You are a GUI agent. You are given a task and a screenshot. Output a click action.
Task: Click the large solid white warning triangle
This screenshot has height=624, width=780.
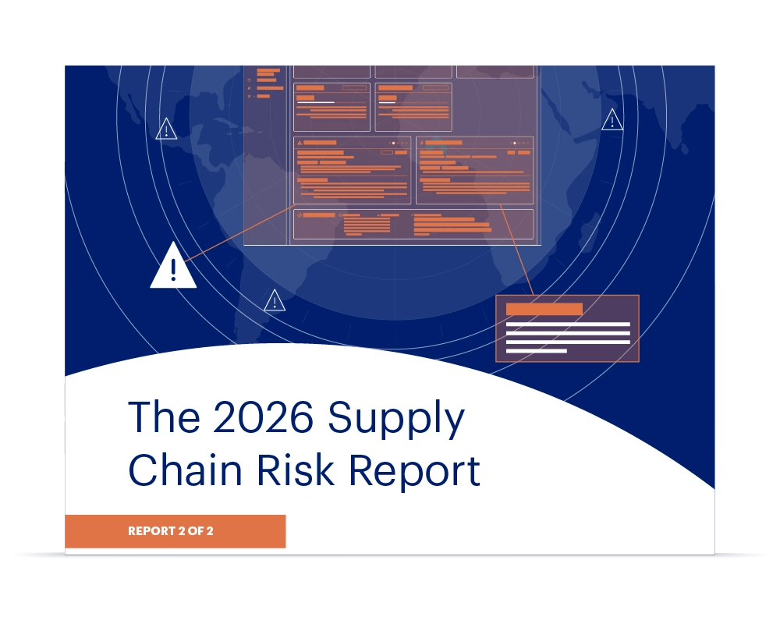point(173,269)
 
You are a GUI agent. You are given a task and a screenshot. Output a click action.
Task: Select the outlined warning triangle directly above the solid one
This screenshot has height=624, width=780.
point(166,129)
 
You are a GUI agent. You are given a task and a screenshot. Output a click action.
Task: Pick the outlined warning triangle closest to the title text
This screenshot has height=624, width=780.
point(275,301)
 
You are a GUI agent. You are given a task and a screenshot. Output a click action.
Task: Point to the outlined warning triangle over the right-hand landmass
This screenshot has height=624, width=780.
point(612,120)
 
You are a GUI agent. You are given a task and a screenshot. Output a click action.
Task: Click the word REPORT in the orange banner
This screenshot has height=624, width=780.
point(152,531)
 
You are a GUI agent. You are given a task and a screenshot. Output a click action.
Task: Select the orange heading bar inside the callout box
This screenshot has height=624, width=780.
point(544,309)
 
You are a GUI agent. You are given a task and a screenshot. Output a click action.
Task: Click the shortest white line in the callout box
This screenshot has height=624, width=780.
point(536,351)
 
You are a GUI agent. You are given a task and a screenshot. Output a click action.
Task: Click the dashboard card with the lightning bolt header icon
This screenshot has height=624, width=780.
point(474,169)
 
